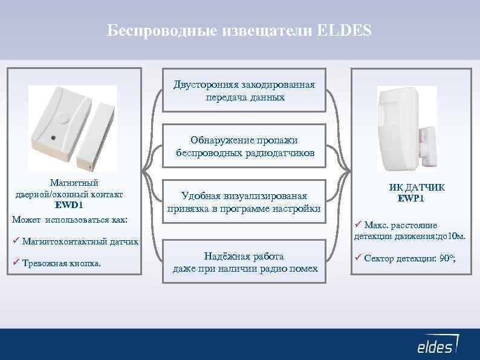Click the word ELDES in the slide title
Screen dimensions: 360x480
point(344,30)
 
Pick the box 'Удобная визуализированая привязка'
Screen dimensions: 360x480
point(244,202)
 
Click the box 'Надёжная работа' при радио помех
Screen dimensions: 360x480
point(244,262)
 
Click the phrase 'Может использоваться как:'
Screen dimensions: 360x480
point(70,218)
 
